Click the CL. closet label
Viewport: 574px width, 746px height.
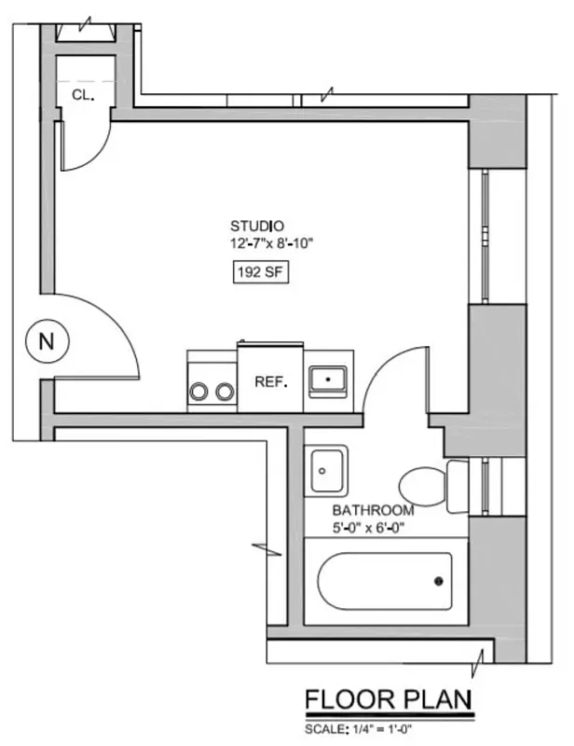pyautogui.click(x=82, y=93)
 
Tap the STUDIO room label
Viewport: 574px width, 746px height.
pyautogui.click(x=257, y=227)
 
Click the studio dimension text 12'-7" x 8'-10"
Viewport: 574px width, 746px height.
pyautogui.click(x=274, y=244)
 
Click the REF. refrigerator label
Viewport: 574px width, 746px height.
pyautogui.click(x=270, y=382)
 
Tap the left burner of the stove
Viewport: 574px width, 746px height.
pyautogui.click(x=198, y=392)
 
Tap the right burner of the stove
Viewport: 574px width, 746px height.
pyautogui.click(x=224, y=392)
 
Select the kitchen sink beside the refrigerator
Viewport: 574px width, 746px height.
pyautogui.click(x=329, y=380)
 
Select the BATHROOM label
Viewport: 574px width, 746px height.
pyautogui.click(x=373, y=511)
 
